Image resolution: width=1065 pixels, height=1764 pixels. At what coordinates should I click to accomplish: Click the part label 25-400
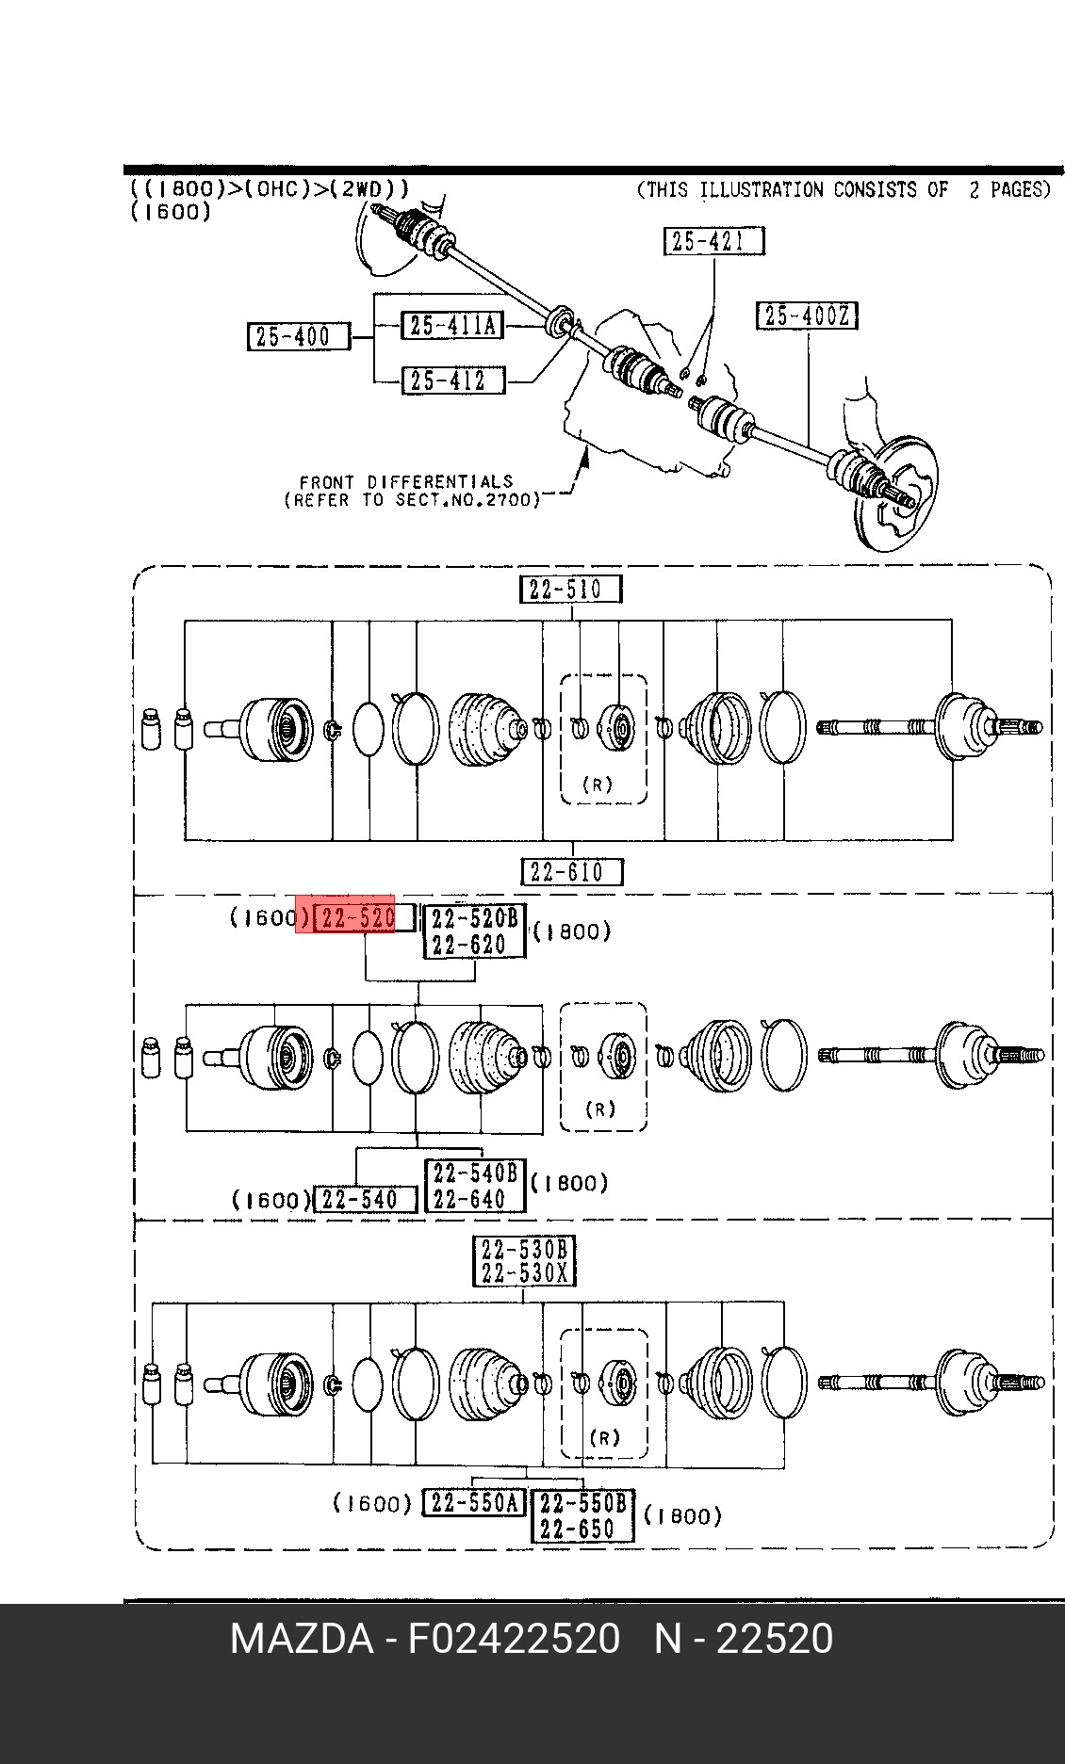pos(298,336)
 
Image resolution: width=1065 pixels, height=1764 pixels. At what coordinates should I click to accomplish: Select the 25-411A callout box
pos(452,326)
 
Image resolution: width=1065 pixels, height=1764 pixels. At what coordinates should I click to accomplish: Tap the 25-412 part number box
pos(452,380)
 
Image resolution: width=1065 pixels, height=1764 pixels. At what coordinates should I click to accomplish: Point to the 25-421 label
pos(713,241)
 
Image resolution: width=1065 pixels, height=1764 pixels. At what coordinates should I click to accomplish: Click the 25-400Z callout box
pos(807,316)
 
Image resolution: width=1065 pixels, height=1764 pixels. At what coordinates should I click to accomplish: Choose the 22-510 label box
pos(571,590)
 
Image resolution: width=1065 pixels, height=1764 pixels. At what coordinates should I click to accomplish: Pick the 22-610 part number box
pos(572,872)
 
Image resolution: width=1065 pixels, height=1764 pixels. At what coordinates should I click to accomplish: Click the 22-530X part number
pos(524,1274)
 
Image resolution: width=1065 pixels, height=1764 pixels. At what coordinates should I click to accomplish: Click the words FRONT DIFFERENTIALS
pos(406,481)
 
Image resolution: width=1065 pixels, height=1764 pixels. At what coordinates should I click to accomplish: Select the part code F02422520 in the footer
pos(514,1639)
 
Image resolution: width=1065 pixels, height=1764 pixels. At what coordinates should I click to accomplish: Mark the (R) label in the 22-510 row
pos(598,784)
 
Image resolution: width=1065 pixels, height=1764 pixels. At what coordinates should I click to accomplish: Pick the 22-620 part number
pos(468,944)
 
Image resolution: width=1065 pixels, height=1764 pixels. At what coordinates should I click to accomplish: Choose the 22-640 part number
pos(468,1199)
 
